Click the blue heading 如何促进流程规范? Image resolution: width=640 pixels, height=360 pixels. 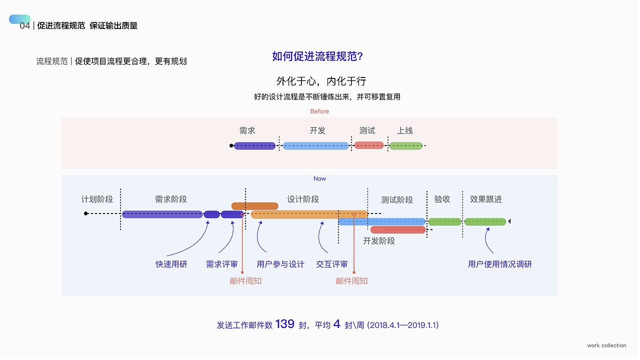[317, 56]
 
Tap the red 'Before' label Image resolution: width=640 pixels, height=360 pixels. [319, 111]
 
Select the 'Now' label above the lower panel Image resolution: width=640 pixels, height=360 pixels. [319, 178]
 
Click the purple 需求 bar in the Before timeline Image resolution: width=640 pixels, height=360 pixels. [254, 146]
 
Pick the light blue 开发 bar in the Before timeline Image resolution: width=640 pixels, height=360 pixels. [315, 146]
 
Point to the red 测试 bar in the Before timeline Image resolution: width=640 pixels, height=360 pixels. [369, 145]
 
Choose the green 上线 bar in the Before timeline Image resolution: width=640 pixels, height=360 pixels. [405, 146]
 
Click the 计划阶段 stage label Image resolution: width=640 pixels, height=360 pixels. [97, 199]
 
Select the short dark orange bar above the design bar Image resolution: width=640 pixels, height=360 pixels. [254, 206]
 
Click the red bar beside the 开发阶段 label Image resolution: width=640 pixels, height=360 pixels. [398, 230]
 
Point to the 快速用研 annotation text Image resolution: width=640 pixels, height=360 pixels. [171, 264]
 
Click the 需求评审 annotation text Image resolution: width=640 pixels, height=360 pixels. [221, 264]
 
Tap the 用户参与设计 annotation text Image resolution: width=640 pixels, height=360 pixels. [280, 264]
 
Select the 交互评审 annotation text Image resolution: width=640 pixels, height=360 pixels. [331, 264]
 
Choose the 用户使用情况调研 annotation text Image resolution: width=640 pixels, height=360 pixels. [499, 264]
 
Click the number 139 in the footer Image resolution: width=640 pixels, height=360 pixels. [284, 324]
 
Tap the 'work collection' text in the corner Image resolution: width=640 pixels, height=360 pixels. [606, 345]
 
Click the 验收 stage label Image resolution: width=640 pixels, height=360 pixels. [442, 199]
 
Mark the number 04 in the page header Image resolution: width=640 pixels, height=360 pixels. [25, 25]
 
